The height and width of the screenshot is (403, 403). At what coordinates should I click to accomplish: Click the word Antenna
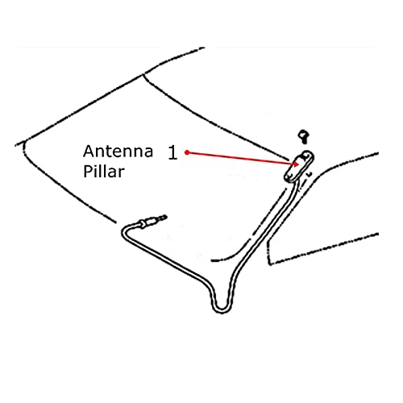point(118,152)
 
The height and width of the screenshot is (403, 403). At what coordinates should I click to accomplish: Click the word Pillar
point(104,172)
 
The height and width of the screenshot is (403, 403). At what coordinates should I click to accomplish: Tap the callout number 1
point(172,152)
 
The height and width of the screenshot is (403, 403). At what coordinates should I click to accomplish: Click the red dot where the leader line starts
point(187,152)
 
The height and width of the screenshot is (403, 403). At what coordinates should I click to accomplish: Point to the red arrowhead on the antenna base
point(296,164)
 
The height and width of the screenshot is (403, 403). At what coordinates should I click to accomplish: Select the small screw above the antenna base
point(304,136)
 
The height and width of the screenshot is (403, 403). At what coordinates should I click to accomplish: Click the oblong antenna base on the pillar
point(299,167)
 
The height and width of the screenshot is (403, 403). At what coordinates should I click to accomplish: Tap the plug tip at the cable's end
point(163,217)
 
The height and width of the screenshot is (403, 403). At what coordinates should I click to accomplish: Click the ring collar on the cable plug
point(142,224)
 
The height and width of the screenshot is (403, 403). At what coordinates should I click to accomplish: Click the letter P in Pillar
point(87,172)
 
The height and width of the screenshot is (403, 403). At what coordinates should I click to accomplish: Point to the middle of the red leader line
point(242,158)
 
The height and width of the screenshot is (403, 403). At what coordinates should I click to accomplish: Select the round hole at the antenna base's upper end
point(305,155)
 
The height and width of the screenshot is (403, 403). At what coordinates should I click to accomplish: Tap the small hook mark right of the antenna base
point(310,175)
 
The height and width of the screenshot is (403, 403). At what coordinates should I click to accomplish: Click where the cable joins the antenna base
point(295,183)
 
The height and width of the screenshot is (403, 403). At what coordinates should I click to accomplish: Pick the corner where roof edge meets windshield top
point(144,73)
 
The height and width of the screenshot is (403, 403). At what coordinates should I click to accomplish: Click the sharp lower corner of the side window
point(270,264)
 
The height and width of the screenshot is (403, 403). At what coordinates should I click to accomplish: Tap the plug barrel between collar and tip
point(152,221)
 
